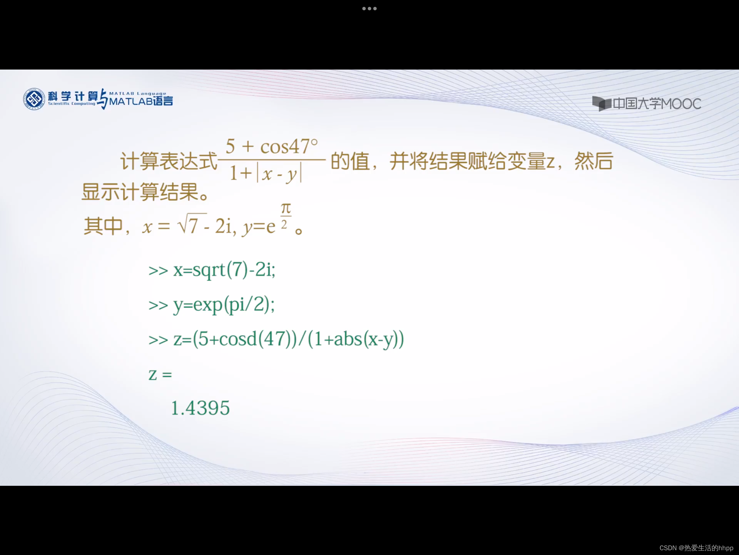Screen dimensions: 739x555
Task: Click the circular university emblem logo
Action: point(34,99)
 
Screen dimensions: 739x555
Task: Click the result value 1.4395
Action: point(200,408)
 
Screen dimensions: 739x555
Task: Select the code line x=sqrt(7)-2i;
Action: point(224,270)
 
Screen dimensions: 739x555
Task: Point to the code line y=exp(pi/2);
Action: point(224,305)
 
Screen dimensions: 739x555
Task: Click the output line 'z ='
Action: point(160,374)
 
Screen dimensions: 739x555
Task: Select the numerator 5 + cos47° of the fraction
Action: point(272,146)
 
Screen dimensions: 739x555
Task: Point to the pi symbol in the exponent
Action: point(286,208)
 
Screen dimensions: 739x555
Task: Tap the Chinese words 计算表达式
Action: point(169,161)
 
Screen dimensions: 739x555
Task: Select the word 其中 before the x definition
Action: point(103,226)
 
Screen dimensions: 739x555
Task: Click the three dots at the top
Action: point(369,9)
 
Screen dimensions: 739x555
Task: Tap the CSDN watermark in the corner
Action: point(696,548)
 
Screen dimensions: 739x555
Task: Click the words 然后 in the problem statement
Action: point(594,161)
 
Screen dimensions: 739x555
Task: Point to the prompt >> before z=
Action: point(158,340)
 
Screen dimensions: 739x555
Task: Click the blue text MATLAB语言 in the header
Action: point(141,101)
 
